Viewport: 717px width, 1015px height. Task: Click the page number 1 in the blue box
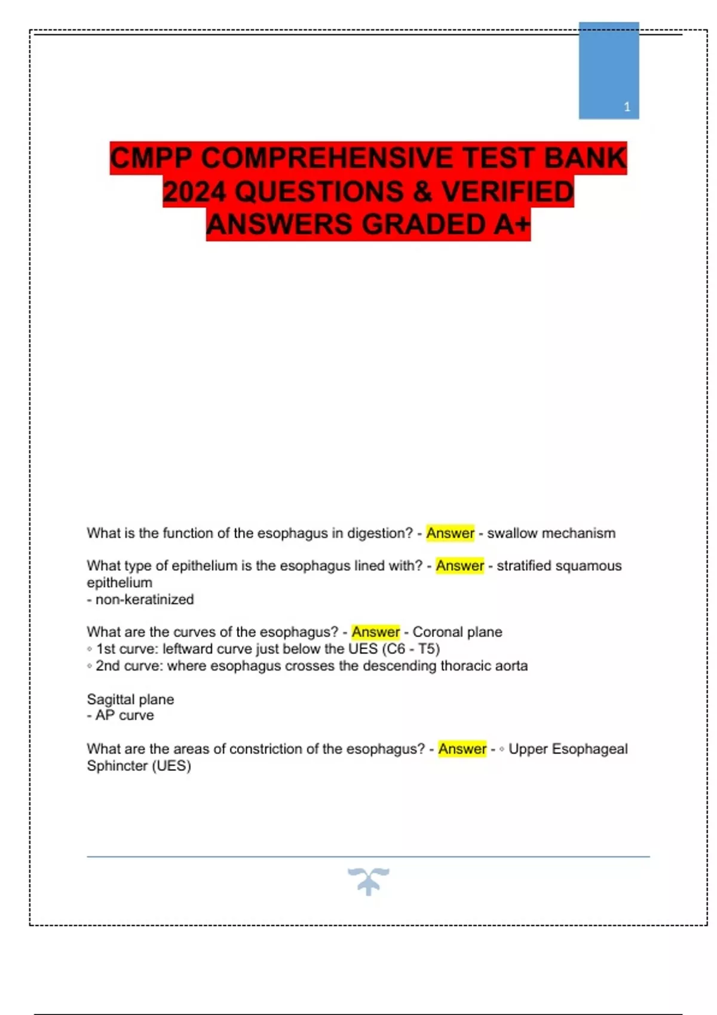pyautogui.click(x=627, y=107)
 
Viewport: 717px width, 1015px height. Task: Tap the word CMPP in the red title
pyautogui.click(x=151, y=159)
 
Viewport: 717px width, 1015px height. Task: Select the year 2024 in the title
pyautogui.click(x=194, y=192)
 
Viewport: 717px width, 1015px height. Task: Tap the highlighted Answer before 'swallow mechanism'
pyautogui.click(x=450, y=533)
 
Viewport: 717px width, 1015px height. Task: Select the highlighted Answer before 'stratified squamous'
pyautogui.click(x=459, y=565)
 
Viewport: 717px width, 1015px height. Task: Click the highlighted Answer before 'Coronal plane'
pyautogui.click(x=375, y=632)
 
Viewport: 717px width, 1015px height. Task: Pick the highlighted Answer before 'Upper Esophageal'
pyautogui.click(x=462, y=749)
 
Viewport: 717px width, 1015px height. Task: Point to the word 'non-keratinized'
pyautogui.click(x=145, y=599)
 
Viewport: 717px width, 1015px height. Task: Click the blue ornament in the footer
pyautogui.click(x=369, y=881)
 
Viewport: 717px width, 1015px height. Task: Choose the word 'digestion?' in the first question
pyautogui.click(x=380, y=533)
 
